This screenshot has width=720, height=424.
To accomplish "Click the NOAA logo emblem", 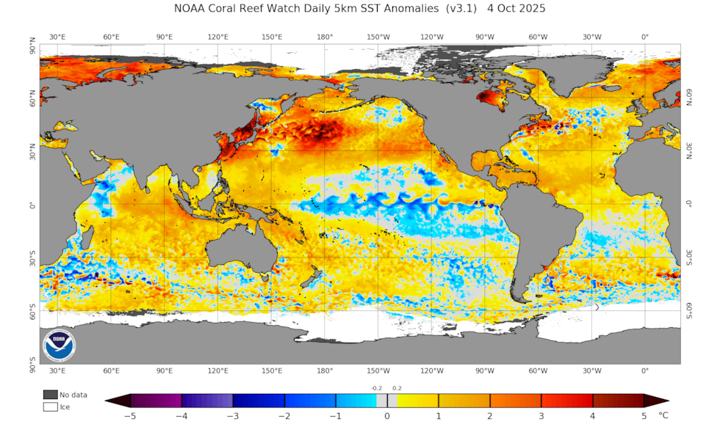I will pyautogui.click(x=58, y=345).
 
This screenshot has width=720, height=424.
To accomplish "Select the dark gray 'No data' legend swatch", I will pyautogui.click(x=50, y=395).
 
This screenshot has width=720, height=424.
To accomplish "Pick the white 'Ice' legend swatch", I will pyautogui.click(x=50, y=406).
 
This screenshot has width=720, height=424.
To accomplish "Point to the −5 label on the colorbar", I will pyautogui.click(x=129, y=416).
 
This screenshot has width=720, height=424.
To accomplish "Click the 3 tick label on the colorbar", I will pyautogui.click(x=541, y=416).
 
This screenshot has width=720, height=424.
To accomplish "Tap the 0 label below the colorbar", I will pyautogui.click(x=387, y=416).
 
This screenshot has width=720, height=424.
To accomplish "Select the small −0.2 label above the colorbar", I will pyautogui.click(x=376, y=388).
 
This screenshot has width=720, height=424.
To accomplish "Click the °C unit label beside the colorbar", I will pyautogui.click(x=664, y=415).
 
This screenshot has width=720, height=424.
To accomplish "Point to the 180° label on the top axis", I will pyautogui.click(x=325, y=37).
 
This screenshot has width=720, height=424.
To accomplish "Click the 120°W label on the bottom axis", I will pyautogui.click(x=431, y=370).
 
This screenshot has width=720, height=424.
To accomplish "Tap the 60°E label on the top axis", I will pyautogui.click(x=112, y=37).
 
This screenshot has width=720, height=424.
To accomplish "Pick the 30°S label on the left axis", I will pyautogui.click(x=31, y=259).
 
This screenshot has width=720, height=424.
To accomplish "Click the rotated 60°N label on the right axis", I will pyautogui.click(x=690, y=99).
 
